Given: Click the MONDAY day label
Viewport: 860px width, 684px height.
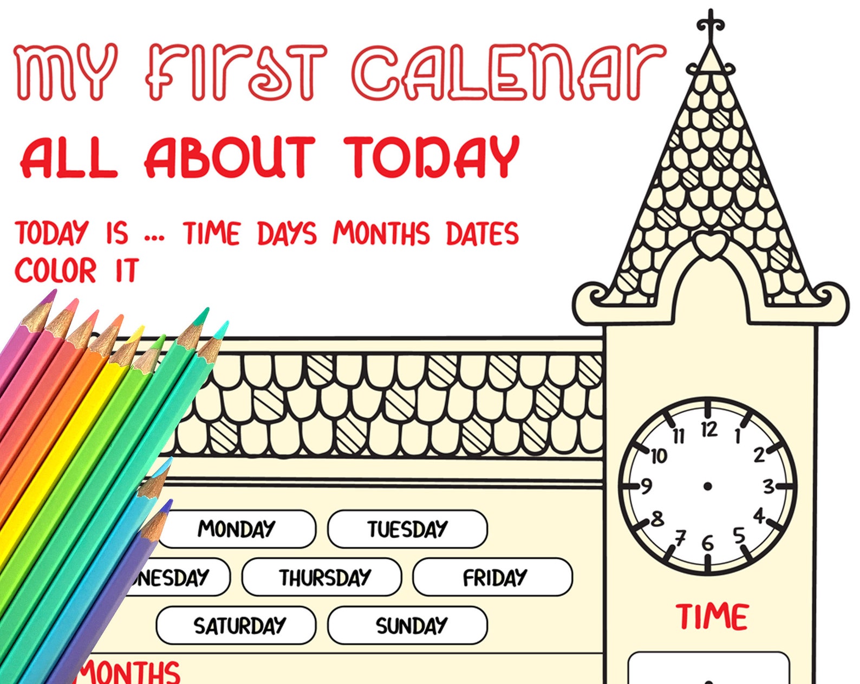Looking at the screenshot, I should coord(237,528).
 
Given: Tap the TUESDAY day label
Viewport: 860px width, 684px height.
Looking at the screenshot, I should coord(407,528).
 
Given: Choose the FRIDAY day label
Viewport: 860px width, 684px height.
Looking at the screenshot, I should coord(494,577).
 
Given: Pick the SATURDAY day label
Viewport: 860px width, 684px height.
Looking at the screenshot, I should coord(239,625).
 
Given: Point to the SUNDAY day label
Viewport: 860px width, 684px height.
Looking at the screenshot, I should coord(411,625).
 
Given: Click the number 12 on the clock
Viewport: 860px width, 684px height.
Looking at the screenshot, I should coord(709,430).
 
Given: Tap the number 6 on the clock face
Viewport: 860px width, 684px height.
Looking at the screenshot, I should coord(707,543).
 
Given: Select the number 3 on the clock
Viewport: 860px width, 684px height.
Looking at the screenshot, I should coord(768,487).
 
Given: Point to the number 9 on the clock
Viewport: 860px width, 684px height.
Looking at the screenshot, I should coord(646,487).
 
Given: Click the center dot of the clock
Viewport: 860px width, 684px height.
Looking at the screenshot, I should coord(707,486).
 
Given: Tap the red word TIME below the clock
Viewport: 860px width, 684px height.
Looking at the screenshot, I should coord(712,617).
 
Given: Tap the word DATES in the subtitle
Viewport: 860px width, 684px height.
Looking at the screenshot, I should coord(482,233).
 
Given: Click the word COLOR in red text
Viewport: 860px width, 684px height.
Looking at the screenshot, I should coord(55,270).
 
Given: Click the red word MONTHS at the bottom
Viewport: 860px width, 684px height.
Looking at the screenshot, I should coord(130,672).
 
